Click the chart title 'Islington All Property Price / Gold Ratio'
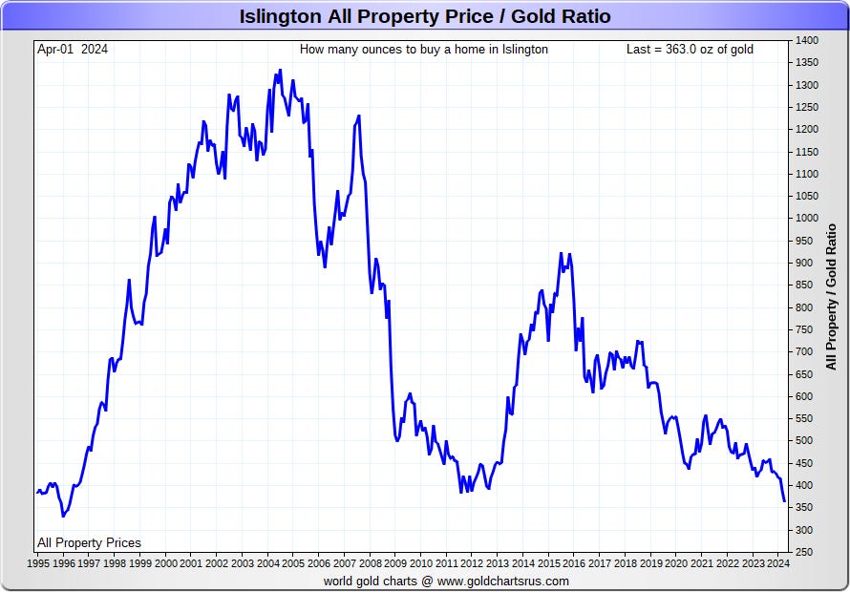click(x=425, y=16)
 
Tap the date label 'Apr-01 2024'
click(x=73, y=50)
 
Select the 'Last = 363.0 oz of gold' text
click(x=690, y=50)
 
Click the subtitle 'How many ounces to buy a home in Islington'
click(x=424, y=50)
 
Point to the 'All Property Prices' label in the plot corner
click(x=89, y=542)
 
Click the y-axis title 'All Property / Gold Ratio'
click(x=831, y=297)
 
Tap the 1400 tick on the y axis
click(x=807, y=41)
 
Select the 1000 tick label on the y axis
click(x=807, y=219)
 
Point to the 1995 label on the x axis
click(x=38, y=563)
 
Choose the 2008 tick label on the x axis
click(x=370, y=563)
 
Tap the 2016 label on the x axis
click(x=574, y=563)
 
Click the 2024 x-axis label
click(x=778, y=563)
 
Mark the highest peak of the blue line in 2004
click(x=280, y=70)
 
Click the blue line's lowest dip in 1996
click(x=63, y=517)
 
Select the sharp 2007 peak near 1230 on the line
click(x=359, y=116)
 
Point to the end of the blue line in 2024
click(x=784, y=501)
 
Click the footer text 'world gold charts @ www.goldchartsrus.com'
click(x=446, y=581)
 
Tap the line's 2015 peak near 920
click(x=561, y=253)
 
